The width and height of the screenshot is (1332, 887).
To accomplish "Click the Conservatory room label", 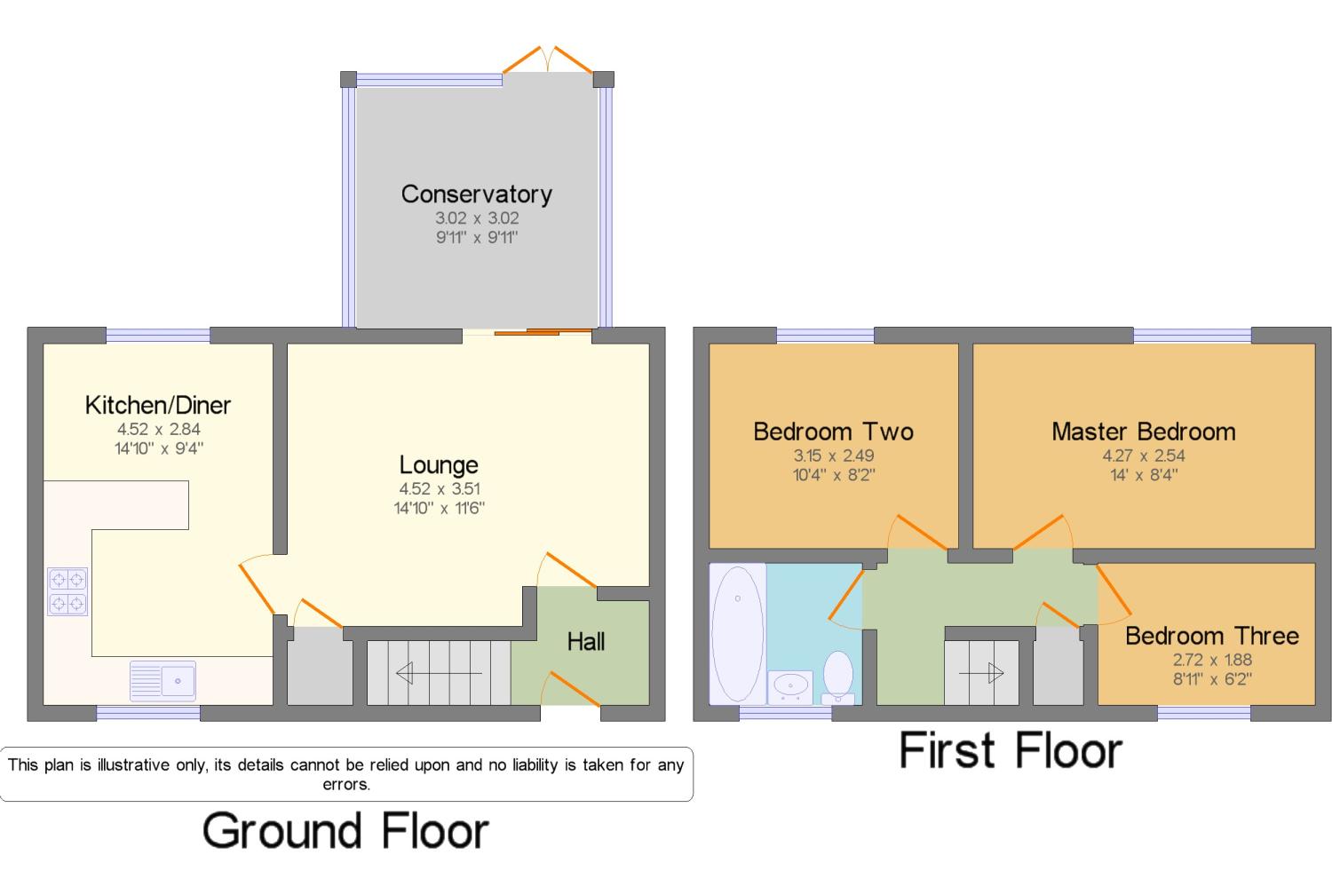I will click(x=476, y=194).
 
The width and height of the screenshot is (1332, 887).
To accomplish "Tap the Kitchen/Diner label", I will click(x=157, y=405).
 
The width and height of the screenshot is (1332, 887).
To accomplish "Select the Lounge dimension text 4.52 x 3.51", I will click(x=439, y=488).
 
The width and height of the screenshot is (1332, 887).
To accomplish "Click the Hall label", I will click(x=586, y=641).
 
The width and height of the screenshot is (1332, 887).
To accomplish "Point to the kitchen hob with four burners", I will click(x=67, y=592).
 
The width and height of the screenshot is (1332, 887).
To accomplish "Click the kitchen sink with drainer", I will click(x=163, y=681).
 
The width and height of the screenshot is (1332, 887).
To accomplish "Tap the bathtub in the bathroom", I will click(x=737, y=632).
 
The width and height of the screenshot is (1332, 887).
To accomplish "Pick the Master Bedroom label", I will click(x=1143, y=432).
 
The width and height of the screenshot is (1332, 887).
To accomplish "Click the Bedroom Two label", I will click(x=833, y=432).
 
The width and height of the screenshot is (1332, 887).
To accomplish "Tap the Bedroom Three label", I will click(x=1211, y=636).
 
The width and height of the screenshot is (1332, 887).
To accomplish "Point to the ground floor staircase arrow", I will click(x=439, y=674).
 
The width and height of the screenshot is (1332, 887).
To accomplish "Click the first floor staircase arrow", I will click(x=981, y=674).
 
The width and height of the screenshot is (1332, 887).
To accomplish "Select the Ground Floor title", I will click(x=345, y=831).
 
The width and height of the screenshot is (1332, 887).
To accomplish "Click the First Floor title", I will click(x=1011, y=750).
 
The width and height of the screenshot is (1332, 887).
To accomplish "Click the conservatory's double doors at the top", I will click(x=548, y=60).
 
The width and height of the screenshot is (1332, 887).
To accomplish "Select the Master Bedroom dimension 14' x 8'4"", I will click(x=1143, y=475).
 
